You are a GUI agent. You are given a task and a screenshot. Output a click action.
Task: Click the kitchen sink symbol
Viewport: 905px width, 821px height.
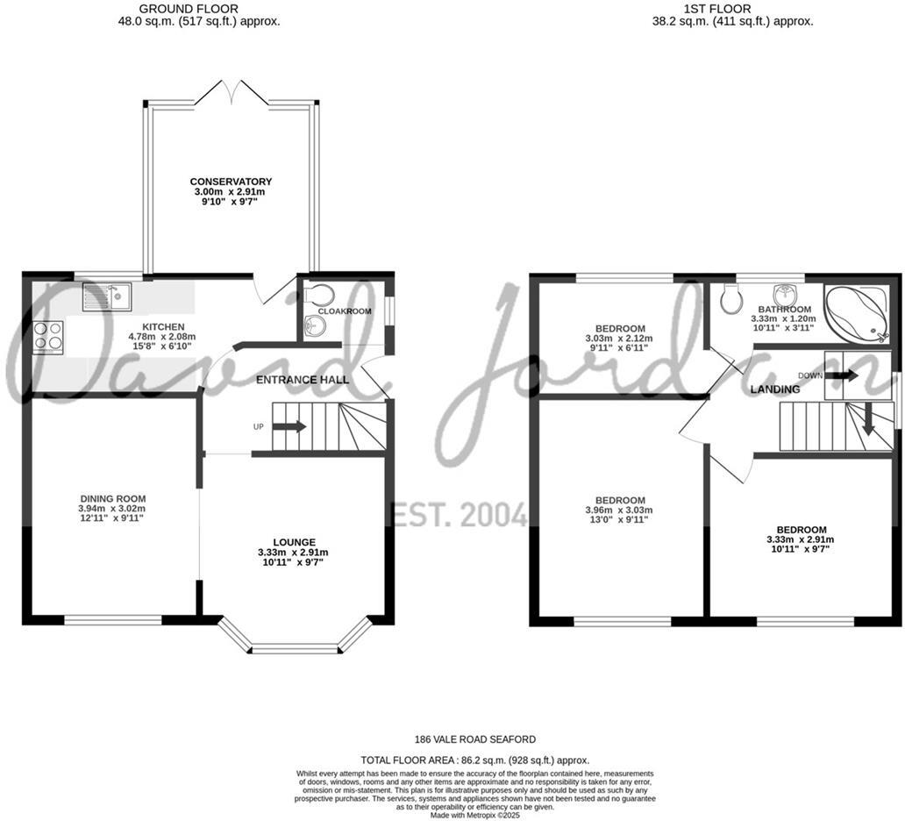point(106,298)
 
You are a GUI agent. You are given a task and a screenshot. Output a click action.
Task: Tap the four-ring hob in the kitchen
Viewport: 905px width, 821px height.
point(48,336)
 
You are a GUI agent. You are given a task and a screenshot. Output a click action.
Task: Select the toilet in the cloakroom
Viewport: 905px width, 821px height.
point(320,293)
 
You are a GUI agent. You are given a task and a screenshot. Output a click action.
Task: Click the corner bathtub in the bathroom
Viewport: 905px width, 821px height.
point(857,314)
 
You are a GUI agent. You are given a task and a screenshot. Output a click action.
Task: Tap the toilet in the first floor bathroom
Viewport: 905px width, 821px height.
point(730,300)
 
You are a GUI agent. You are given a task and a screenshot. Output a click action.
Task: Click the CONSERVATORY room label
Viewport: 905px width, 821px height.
point(231,182)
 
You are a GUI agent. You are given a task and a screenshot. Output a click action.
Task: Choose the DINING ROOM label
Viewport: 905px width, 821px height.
point(111,498)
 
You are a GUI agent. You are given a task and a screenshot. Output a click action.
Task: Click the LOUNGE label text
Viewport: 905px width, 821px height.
point(293,542)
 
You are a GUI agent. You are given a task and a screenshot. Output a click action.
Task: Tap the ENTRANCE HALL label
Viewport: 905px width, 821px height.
point(303,380)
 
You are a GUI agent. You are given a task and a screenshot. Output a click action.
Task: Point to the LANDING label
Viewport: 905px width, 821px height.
point(776,389)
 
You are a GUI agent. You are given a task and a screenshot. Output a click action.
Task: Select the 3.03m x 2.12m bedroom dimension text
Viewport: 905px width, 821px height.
point(621,339)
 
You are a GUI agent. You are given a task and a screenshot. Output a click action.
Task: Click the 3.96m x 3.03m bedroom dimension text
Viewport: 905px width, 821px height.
point(621,510)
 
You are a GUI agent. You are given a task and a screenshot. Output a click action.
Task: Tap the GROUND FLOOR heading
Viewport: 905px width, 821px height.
point(199,9)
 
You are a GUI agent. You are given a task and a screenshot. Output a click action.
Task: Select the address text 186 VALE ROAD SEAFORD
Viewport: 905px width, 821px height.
point(475,739)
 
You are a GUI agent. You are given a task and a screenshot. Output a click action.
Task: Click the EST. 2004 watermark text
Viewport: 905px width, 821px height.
point(458,514)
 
